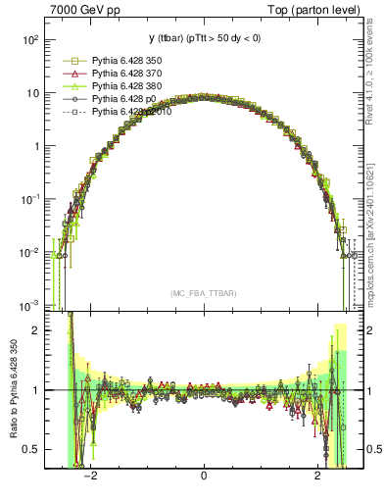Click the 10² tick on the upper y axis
(30, 40)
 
